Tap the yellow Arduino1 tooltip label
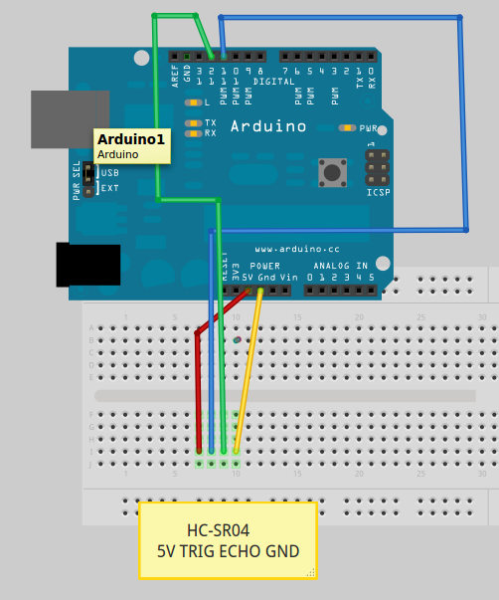(x=132, y=146)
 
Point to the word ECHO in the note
(x=243, y=550)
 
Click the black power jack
(x=88, y=264)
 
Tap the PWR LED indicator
(x=347, y=127)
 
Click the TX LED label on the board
(x=211, y=122)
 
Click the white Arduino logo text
(x=268, y=126)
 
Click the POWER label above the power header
(x=265, y=266)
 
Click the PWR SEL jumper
(x=89, y=180)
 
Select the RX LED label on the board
(x=211, y=132)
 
